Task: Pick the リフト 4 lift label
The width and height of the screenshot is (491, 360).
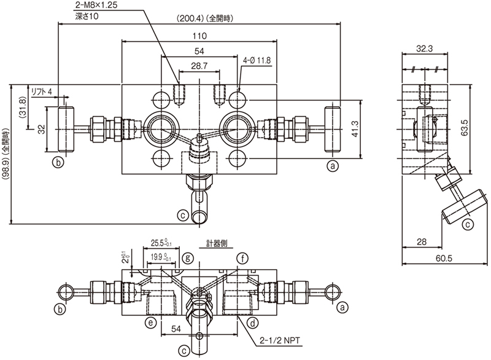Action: [42, 92]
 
